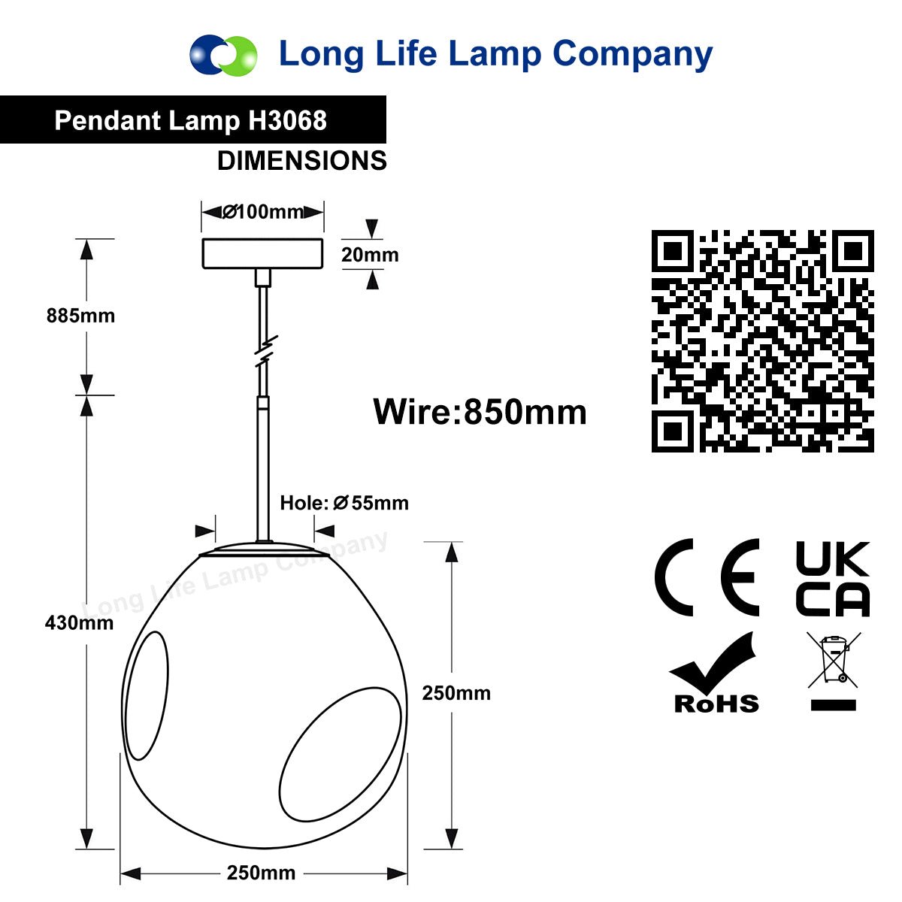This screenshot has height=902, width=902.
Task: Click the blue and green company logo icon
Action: coord(223,54)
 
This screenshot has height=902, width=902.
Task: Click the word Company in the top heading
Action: coord(632,55)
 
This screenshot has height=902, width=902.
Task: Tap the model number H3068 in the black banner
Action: coord(287,120)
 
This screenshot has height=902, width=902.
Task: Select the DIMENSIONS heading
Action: coord(302,161)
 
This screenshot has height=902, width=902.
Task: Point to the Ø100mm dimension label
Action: coord(262,212)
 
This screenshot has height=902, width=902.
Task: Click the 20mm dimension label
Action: coord(370,255)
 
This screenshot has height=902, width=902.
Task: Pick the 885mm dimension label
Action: coord(80,316)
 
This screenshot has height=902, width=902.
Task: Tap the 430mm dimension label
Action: coord(79,622)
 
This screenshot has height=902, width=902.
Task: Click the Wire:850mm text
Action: coord(480,412)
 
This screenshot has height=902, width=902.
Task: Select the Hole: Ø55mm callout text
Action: coord(344,503)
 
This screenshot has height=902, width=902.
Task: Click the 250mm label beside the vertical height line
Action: coord(456,693)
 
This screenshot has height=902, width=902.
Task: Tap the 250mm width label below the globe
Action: coord(261,873)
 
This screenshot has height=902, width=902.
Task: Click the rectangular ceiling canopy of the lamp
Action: coord(262,254)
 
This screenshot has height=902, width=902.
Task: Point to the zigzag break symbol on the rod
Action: coord(266,350)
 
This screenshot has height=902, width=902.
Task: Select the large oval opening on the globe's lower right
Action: coord(341,754)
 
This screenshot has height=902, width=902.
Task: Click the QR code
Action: coord(762,341)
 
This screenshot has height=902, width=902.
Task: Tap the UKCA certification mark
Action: coord(833,579)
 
